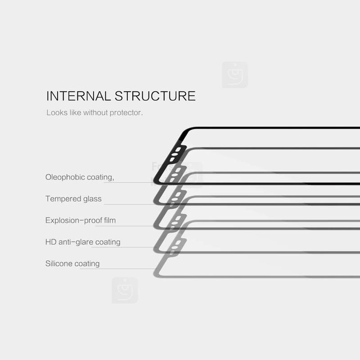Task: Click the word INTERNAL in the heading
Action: [x=78, y=96]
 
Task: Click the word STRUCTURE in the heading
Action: [x=155, y=96]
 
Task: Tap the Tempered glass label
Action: [x=73, y=199]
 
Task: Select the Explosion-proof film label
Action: [x=81, y=220]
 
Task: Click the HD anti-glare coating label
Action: [x=83, y=242]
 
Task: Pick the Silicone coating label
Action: [x=72, y=264]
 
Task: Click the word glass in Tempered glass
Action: [x=92, y=199]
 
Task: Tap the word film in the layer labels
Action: [x=110, y=220]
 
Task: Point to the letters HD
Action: [x=51, y=242]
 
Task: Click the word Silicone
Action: [x=59, y=263]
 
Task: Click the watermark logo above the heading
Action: [x=235, y=75]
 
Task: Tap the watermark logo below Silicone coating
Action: [x=125, y=290]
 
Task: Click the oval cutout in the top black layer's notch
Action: [x=175, y=154]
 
